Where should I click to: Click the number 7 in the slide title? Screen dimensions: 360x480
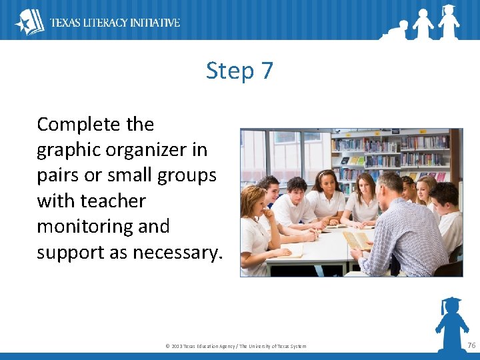[266, 71]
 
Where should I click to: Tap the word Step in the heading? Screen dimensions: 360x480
[230, 71]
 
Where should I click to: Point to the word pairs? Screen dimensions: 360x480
[59, 176]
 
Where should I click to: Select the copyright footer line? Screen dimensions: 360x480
[235, 346]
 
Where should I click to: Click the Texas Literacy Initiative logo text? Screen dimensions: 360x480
[115, 23]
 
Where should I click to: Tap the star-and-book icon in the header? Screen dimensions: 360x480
[29, 22]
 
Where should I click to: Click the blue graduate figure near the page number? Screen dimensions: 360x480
[451, 323]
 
